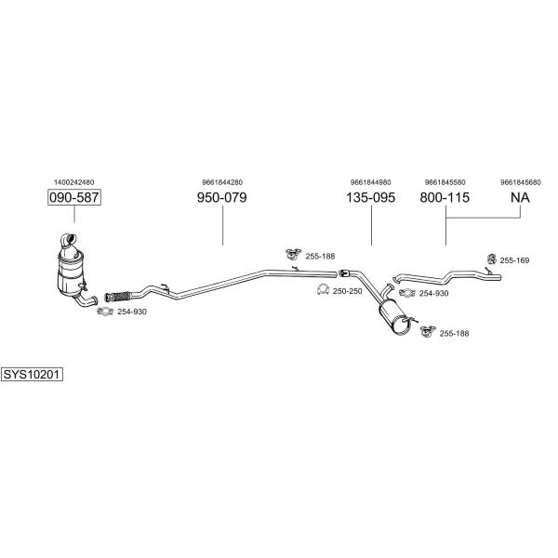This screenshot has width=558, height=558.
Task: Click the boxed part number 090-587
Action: click(x=74, y=197)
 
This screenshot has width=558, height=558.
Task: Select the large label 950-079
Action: click(x=221, y=197)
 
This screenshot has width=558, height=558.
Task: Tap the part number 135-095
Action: click(x=370, y=197)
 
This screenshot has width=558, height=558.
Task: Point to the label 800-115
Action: click(x=445, y=197)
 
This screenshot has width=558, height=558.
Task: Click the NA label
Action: click(x=520, y=197)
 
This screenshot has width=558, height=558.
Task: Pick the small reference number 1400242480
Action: click(x=74, y=182)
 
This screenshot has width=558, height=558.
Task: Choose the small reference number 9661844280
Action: click(x=222, y=182)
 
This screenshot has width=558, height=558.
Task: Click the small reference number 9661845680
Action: click(x=521, y=182)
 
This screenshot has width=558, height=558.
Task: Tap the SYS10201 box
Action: click(x=32, y=375)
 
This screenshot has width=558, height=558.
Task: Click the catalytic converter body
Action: click(x=72, y=272)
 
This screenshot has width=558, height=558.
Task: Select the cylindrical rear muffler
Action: click(x=395, y=317)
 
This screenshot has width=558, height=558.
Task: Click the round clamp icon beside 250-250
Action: click(x=323, y=290)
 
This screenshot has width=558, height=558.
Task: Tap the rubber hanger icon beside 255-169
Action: click(x=491, y=259)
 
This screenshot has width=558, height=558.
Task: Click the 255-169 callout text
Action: click(x=514, y=260)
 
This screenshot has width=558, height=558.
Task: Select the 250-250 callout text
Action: click(x=347, y=291)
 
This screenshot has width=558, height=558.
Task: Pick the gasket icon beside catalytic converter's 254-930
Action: click(x=105, y=312)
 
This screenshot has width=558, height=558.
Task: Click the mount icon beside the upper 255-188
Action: click(x=293, y=254)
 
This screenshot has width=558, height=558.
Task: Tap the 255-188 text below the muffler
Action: click(x=454, y=334)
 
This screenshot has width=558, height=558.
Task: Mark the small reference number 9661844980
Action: click(x=370, y=182)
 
